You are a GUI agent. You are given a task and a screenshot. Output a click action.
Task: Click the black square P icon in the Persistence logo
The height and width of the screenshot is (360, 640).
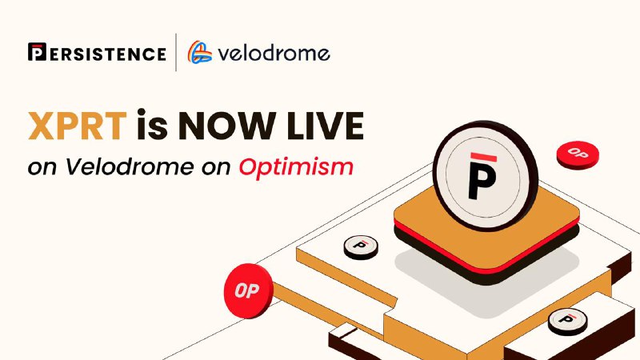(37, 52)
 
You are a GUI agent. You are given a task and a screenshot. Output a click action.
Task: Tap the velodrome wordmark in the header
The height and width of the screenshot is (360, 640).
(274, 53)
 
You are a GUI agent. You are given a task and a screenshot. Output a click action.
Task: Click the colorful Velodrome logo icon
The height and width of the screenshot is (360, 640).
(199, 52)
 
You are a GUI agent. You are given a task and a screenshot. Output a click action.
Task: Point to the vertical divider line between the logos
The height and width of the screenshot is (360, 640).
(176, 52)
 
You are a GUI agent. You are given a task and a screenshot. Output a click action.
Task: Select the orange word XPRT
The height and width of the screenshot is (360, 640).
(78, 126)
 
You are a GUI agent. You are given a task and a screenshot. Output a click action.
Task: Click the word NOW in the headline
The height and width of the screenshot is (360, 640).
(226, 126)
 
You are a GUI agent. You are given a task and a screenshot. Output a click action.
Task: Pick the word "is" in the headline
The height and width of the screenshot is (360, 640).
(152, 124)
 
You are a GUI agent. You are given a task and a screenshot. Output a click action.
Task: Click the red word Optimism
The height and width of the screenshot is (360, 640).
(296, 168)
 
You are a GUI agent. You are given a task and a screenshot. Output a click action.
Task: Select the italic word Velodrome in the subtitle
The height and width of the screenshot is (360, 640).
(130, 166)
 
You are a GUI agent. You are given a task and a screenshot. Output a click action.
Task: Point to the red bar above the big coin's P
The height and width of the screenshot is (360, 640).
(484, 157)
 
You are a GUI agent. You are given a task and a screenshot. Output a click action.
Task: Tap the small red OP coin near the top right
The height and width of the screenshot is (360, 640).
(578, 154)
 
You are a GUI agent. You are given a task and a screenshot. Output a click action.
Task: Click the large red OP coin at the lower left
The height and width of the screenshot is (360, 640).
(248, 290)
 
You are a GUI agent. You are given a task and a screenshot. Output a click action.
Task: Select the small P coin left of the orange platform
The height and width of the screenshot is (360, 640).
(361, 247)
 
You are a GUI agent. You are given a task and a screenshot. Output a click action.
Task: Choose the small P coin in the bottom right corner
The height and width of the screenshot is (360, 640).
(568, 322)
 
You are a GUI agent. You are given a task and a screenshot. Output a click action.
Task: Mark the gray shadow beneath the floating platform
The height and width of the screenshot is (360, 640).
(486, 282)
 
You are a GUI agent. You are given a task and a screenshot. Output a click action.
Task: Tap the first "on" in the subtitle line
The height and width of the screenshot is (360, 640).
(42, 168)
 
